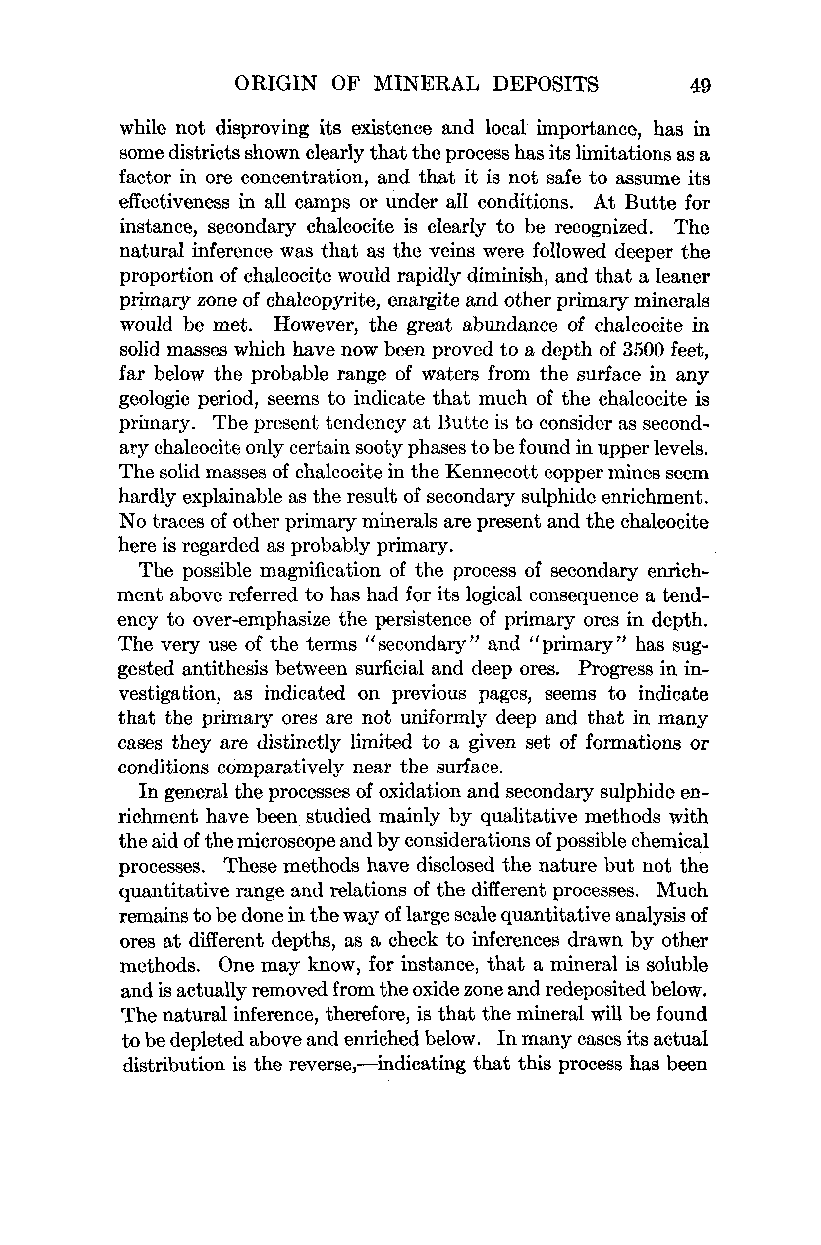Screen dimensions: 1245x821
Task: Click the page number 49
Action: tap(700, 85)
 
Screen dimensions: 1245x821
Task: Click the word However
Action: tap(312, 325)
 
